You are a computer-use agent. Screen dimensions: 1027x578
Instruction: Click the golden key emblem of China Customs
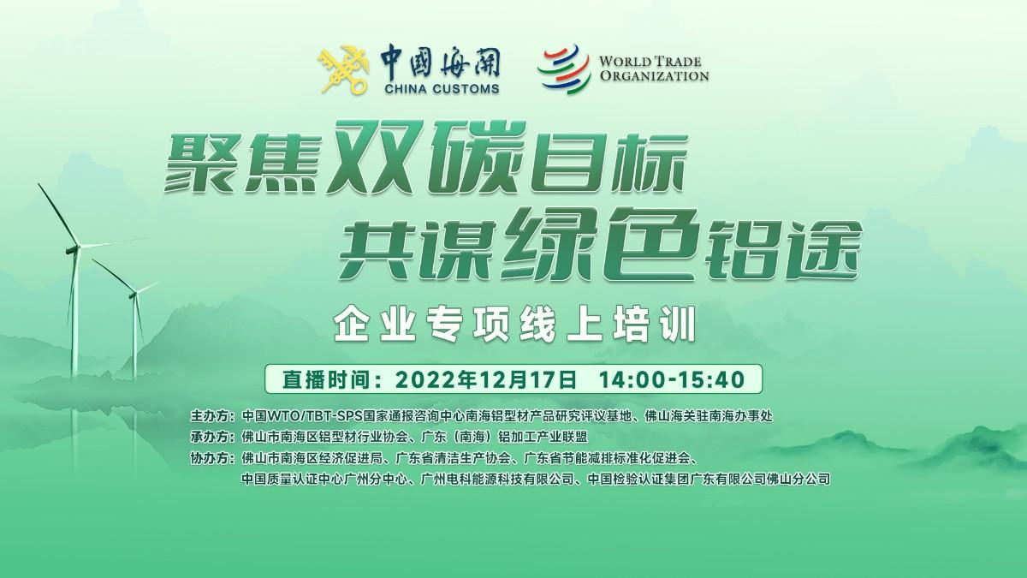pyautogui.click(x=344, y=69)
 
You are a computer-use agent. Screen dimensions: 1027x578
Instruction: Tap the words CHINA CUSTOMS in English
pyautogui.click(x=442, y=88)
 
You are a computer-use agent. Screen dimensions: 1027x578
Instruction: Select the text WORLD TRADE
pyautogui.click(x=650, y=62)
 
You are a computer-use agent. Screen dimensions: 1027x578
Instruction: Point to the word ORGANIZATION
pyautogui.click(x=654, y=75)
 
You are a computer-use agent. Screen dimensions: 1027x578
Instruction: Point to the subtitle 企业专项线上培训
pyautogui.click(x=515, y=325)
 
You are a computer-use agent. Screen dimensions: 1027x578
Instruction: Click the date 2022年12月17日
pyautogui.click(x=486, y=379)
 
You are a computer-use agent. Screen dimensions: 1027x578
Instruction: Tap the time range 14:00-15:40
pyautogui.click(x=672, y=379)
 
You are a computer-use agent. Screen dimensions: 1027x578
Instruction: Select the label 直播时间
pyautogui.click(x=326, y=379)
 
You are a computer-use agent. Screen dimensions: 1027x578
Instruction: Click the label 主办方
pyautogui.click(x=210, y=416)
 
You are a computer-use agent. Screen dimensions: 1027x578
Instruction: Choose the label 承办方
pyautogui.click(x=210, y=437)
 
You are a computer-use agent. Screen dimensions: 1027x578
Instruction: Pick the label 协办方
pyautogui.click(x=210, y=458)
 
